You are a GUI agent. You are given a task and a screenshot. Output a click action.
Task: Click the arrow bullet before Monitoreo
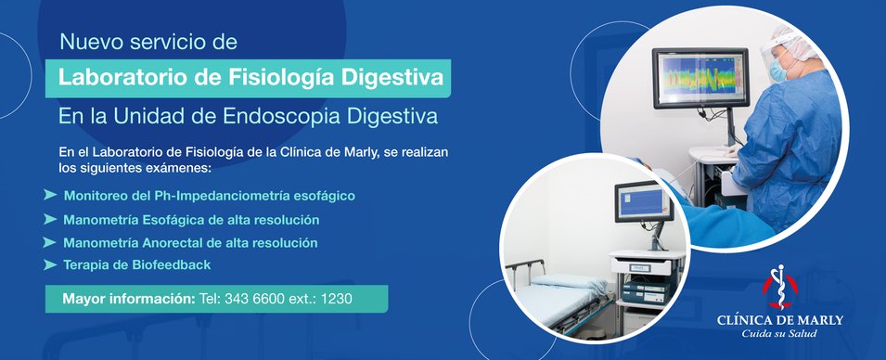point(50,195)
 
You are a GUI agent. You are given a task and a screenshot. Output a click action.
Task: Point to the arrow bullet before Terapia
point(50,264)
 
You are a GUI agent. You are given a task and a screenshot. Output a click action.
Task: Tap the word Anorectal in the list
point(172,243)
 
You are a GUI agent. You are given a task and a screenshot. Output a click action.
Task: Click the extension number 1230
point(336,299)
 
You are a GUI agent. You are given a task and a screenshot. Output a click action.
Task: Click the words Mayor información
point(128,299)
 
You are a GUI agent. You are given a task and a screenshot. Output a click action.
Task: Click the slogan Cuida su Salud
point(779,333)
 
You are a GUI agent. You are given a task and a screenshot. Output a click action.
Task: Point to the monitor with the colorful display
point(700,77)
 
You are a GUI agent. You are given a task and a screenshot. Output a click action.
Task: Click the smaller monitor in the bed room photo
point(644,201)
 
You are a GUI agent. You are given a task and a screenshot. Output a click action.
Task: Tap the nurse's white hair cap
point(798,43)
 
